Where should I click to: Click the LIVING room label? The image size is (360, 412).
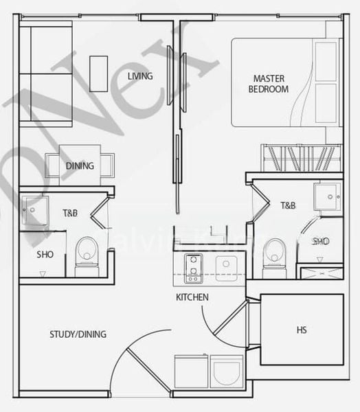[140, 76]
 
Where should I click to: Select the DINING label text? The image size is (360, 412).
[80, 166]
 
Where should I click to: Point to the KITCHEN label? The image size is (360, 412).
[192, 297]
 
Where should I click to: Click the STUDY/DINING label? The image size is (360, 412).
[78, 334]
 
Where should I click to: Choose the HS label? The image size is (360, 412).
[302, 330]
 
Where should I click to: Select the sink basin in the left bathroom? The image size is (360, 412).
[34, 209]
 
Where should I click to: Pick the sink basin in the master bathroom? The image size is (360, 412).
[328, 195]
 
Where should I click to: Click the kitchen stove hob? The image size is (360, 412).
[193, 268]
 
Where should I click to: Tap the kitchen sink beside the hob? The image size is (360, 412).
[225, 268]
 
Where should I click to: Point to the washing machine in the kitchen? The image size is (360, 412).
[227, 371]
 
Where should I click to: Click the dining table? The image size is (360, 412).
[80, 165]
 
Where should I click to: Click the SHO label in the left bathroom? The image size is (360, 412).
[45, 254]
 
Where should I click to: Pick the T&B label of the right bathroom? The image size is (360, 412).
[288, 205]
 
